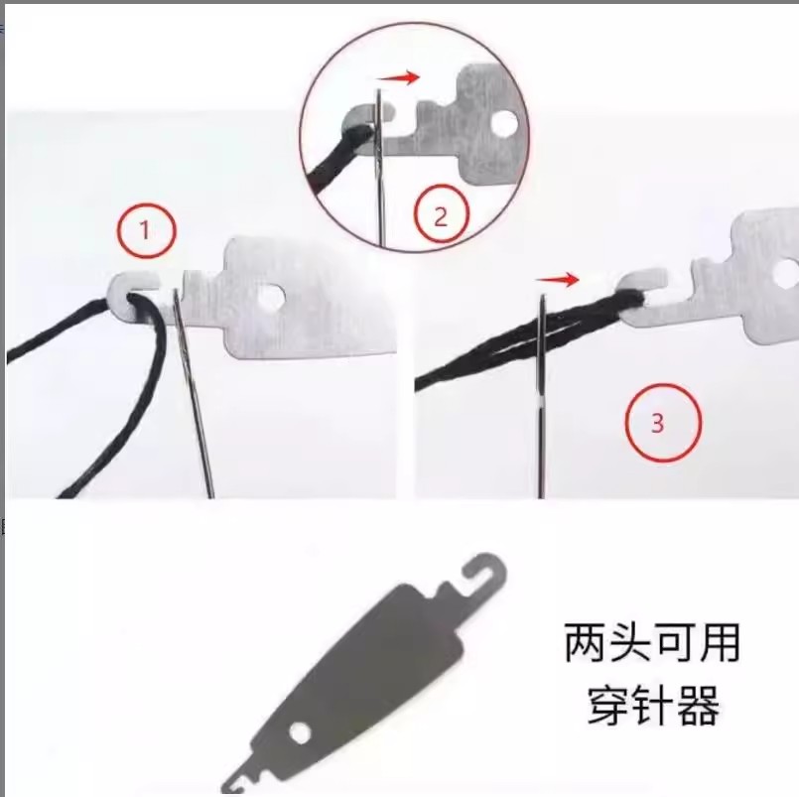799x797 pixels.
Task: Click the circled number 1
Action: pos(147,231)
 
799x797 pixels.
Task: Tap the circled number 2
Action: pos(441,216)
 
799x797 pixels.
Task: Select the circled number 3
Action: pos(663,423)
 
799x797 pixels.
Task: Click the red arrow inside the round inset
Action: pos(398,78)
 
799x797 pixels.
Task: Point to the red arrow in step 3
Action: pos(558,279)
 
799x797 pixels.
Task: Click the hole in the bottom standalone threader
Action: pos(300,732)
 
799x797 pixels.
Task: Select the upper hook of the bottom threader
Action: pos(484,570)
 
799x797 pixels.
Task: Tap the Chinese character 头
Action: pos(629,643)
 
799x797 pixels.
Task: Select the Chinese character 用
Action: pos(719,643)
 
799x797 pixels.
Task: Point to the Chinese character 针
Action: pos(652,706)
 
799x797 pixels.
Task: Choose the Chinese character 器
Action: pos(697,706)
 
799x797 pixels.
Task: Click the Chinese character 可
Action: pos(674,643)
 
